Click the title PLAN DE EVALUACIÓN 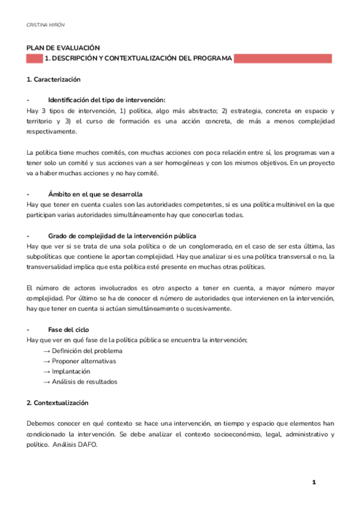[x=63, y=48]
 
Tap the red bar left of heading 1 [x=34, y=59]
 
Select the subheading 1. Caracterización [x=54, y=80]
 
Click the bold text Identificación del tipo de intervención [x=106, y=100]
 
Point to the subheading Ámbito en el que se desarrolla [x=95, y=194]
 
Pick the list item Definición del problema [x=87, y=351]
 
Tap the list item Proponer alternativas [x=84, y=361]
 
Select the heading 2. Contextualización [x=58, y=403]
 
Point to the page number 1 [x=313, y=482]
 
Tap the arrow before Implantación [x=46, y=372]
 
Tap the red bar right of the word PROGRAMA [x=282, y=59]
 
